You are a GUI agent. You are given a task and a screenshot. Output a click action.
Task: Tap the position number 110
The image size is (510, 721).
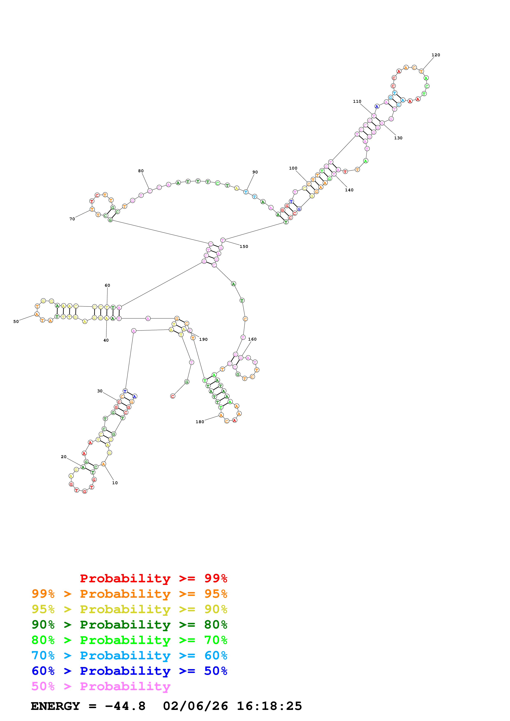pos(357,102)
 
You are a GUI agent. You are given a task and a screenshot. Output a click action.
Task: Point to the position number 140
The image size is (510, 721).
pos(349,190)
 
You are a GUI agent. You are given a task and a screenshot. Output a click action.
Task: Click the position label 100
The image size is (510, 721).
pos(293,168)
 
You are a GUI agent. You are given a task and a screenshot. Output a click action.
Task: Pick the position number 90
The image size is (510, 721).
pos(255,172)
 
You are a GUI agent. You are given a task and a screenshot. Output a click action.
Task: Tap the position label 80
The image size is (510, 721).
pos(141,171)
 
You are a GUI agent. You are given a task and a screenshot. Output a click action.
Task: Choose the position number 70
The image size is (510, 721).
pos(72,219)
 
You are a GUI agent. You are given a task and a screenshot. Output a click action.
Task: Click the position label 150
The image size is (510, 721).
pos(244,246)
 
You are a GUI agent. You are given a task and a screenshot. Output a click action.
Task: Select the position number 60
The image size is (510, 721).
pos(107,285)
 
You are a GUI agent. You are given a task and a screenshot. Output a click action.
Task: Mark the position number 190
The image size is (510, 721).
pos(203,340)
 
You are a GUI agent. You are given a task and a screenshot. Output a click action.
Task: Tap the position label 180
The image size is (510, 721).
pos(200,422)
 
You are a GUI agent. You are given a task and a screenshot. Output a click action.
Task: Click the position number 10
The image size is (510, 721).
pos(115,483)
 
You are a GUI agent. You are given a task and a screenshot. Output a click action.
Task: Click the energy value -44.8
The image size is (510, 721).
pos(125,706)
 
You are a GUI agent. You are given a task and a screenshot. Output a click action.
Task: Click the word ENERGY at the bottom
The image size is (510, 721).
pos(55,706)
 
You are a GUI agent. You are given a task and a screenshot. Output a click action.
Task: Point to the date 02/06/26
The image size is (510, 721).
pos(195,706)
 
